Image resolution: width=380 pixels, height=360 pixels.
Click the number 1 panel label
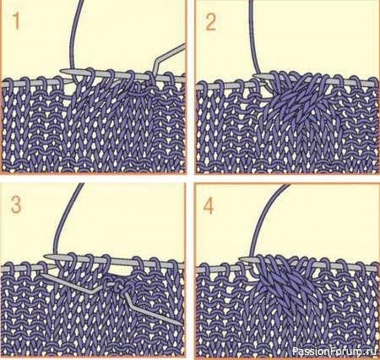(17, 21)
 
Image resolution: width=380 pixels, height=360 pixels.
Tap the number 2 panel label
(211, 22)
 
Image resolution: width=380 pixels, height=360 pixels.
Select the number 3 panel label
(16, 205)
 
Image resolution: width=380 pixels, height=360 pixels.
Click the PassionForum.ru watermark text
(334, 351)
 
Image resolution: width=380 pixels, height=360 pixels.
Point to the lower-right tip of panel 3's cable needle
(182, 325)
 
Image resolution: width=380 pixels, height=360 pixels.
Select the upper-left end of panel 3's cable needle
(41, 275)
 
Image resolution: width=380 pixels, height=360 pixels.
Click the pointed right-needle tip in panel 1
(62, 71)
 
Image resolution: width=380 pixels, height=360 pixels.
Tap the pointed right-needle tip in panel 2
(256, 75)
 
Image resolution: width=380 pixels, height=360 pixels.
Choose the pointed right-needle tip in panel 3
(46, 256)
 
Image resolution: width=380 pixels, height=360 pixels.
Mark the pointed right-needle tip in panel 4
(242, 259)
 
